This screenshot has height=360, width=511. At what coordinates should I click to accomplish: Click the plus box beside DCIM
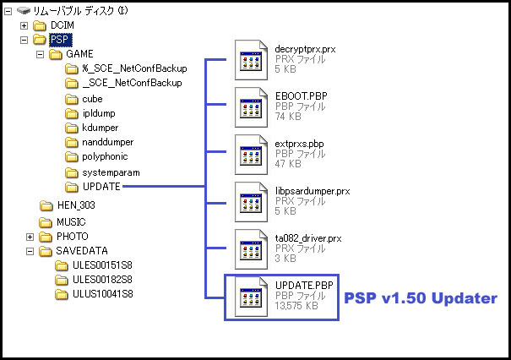tap(24, 25)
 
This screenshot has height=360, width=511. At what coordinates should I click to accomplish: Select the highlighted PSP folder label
tap(60, 40)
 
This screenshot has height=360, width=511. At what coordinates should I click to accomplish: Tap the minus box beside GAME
tap(40, 54)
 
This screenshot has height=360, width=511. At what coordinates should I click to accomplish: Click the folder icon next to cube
tap(72, 99)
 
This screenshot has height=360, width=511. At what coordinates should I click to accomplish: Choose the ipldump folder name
tap(99, 113)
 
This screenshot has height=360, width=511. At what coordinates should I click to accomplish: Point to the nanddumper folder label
tap(108, 142)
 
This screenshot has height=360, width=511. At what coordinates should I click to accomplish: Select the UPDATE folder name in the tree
tap(101, 187)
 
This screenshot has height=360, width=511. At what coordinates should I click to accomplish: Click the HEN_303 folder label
tap(76, 205)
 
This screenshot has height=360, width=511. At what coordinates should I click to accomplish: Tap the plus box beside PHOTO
tap(30, 237)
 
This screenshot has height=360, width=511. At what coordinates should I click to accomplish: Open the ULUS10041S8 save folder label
tap(103, 294)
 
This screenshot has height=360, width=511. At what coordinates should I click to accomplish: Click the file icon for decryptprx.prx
tap(251, 60)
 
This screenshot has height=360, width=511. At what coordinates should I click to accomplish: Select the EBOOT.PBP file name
tap(302, 96)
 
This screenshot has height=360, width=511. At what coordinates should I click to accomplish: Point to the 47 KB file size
tap(288, 164)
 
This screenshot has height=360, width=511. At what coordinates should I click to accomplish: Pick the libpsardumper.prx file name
tap(313, 191)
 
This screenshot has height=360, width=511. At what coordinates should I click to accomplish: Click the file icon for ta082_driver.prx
tap(251, 249)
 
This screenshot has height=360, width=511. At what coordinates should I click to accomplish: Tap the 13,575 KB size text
tap(296, 306)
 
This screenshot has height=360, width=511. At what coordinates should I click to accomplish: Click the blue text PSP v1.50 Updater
tap(421, 298)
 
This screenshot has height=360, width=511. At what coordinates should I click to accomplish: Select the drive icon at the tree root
tap(24, 11)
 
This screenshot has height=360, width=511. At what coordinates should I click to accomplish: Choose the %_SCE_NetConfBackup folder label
tap(134, 68)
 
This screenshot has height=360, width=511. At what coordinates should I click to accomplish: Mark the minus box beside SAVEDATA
tap(30, 252)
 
